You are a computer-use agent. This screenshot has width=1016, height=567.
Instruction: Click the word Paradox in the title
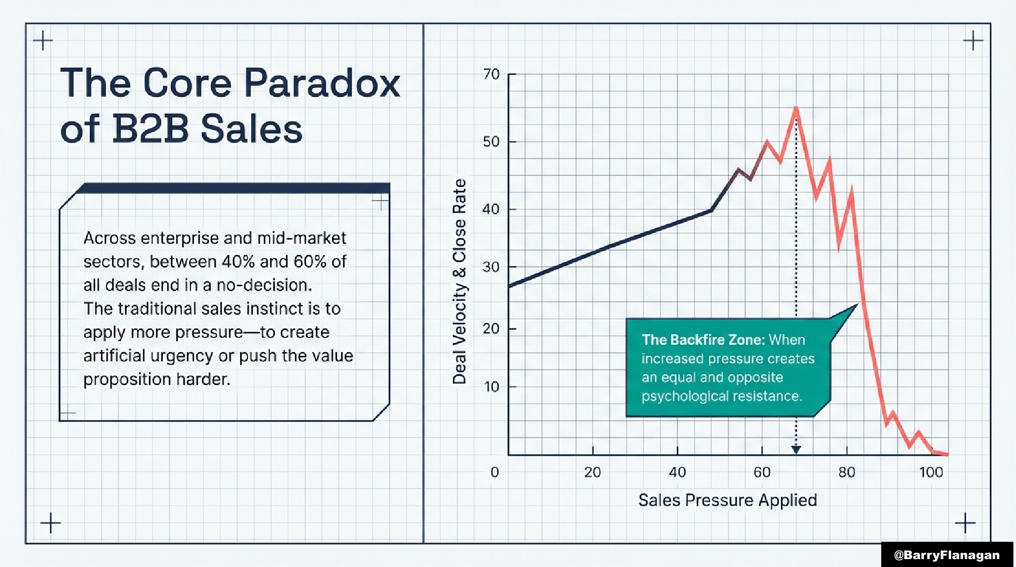point(322,83)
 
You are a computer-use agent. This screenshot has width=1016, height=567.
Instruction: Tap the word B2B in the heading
point(150,129)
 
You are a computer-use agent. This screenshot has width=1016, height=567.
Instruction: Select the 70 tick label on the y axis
point(491,74)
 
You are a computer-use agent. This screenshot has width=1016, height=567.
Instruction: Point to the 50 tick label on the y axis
point(491,142)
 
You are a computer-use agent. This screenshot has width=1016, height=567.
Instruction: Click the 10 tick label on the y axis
point(491,387)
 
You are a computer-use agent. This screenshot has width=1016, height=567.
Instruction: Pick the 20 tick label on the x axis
point(592,472)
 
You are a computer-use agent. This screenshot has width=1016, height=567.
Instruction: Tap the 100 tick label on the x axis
point(931,472)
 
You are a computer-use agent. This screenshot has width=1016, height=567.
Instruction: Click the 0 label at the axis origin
point(494,472)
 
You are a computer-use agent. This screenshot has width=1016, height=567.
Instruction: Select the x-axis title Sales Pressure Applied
point(727,500)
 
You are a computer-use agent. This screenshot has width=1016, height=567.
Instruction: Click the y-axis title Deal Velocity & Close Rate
point(459,282)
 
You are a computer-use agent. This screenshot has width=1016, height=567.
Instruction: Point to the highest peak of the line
point(795,108)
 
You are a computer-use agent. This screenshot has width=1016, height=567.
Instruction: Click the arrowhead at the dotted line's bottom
point(796,449)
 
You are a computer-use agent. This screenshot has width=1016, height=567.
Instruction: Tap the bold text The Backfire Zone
point(703,340)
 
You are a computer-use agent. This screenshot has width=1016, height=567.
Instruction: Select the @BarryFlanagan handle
point(947,555)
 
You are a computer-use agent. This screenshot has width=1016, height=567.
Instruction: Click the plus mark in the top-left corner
point(43,41)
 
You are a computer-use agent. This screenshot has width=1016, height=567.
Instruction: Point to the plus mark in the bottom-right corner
point(965,523)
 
